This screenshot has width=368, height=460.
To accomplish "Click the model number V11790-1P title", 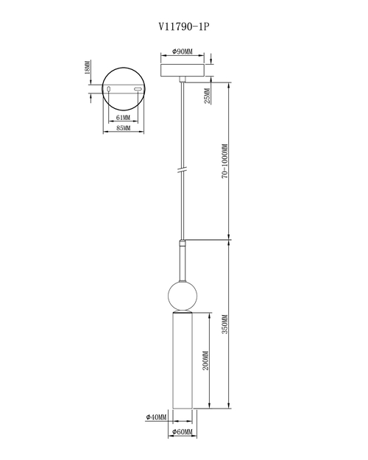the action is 184,26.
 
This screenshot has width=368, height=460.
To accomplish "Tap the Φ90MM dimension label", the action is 183,52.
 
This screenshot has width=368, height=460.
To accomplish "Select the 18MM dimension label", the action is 88,68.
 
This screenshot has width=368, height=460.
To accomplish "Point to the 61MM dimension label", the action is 123,117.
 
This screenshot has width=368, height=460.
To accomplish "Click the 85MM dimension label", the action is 123,128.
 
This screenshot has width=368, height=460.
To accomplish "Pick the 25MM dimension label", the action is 207,96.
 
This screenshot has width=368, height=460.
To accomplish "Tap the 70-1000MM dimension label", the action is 224,161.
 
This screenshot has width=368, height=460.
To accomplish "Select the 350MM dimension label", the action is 224,324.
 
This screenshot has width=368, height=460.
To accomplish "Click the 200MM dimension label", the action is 206,361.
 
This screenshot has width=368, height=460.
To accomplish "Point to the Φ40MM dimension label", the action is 156,417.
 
